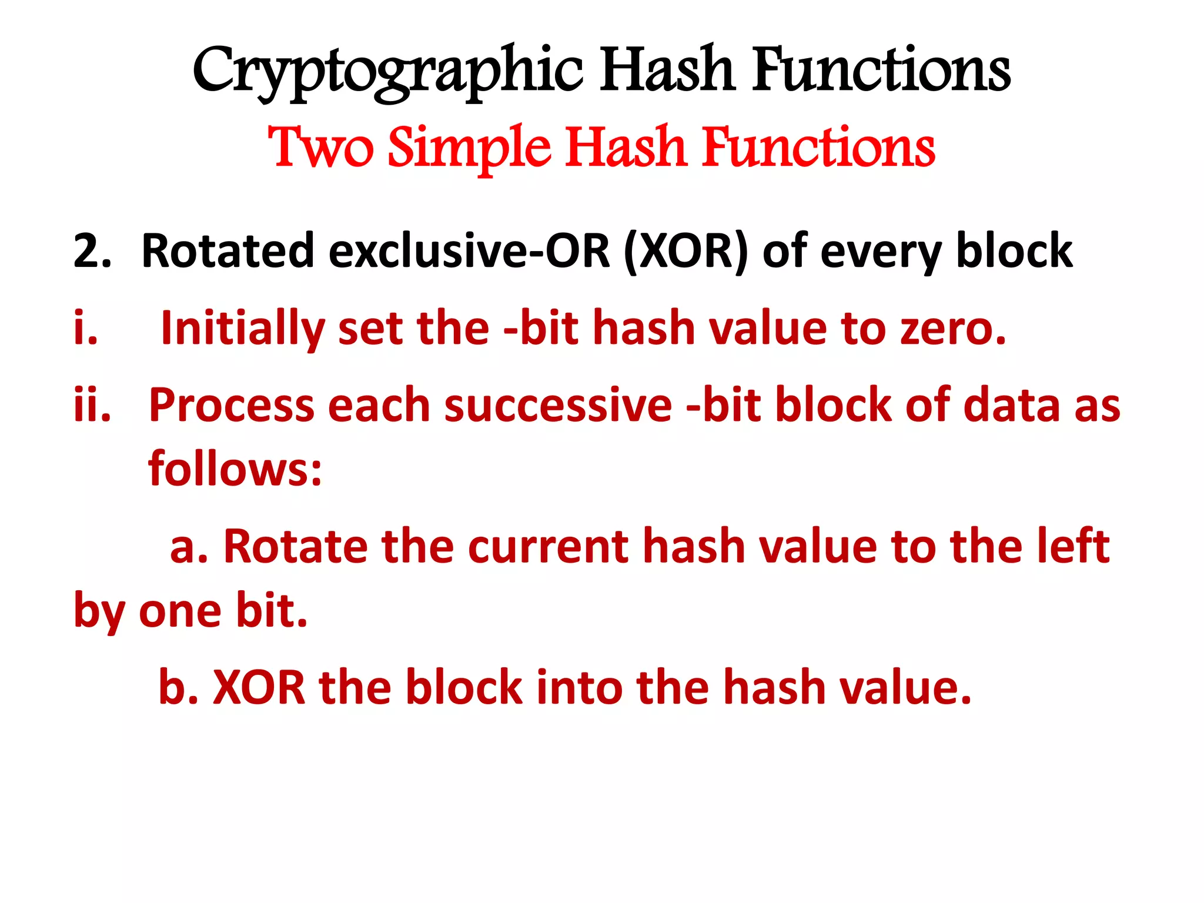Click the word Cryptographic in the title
click(388, 72)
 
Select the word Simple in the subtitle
click(469, 148)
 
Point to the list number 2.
click(92, 251)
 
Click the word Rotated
click(228, 251)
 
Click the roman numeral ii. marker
click(92, 405)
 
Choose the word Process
click(232, 406)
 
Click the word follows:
click(235, 469)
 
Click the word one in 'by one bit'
click(180, 611)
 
